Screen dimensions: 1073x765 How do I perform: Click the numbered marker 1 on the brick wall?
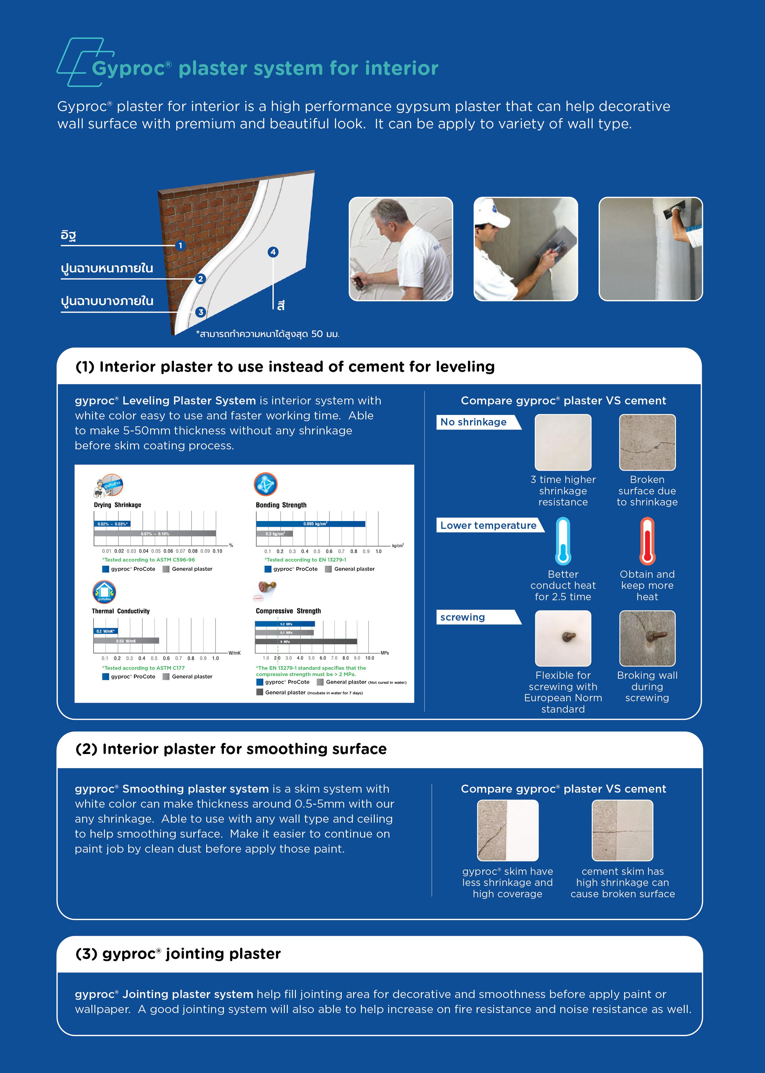coord(180,246)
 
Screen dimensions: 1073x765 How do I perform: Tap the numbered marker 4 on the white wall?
coord(273,252)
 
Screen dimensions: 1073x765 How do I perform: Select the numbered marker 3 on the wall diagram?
coord(201,312)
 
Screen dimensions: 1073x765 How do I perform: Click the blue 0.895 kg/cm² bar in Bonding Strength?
coord(311,524)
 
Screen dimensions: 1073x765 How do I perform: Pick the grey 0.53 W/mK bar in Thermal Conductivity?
coord(126,641)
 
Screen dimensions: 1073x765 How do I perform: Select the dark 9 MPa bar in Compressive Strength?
coord(306,642)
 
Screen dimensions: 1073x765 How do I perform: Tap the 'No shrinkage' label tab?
coord(476,422)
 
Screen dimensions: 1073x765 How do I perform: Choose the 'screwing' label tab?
coord(476,617)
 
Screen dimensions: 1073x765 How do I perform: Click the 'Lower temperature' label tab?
coord(489,525)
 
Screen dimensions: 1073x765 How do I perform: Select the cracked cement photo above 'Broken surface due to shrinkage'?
coord(647,442)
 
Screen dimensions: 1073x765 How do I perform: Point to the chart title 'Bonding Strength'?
coord(281,505)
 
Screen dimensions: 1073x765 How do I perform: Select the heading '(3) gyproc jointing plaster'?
coord(178,954)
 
